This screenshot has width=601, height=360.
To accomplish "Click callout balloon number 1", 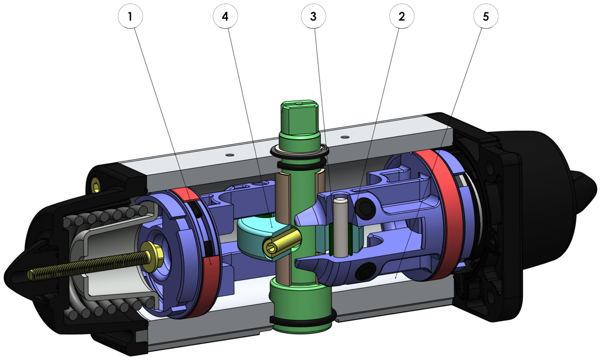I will click(130, 17).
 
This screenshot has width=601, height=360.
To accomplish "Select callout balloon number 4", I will click(225, 17).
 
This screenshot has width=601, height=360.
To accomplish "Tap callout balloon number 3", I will click(313, 17).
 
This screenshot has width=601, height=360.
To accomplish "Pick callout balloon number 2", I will click(401, 17).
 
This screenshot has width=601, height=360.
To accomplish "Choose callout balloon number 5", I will click(485, 17).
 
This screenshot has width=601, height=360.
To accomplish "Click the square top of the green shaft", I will click(300, 112).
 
